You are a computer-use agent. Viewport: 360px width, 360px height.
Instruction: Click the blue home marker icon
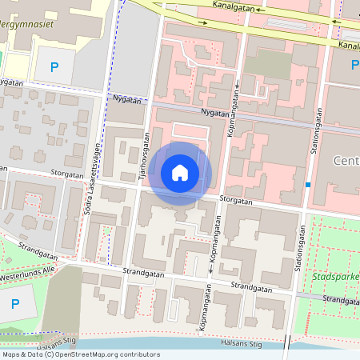point(180,173)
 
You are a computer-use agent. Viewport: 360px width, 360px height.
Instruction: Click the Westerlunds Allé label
point(27,270)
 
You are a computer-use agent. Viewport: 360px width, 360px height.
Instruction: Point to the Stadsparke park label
point(336,277)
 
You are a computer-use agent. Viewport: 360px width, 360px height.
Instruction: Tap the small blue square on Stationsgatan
point(308,185)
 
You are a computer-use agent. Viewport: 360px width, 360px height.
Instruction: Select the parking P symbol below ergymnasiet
point(54,68)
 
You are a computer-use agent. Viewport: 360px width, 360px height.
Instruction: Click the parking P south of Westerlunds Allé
point(14,303)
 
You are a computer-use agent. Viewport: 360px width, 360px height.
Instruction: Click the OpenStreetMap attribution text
point(80,354)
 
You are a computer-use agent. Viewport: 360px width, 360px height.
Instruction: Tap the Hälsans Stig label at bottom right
point(240,343)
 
